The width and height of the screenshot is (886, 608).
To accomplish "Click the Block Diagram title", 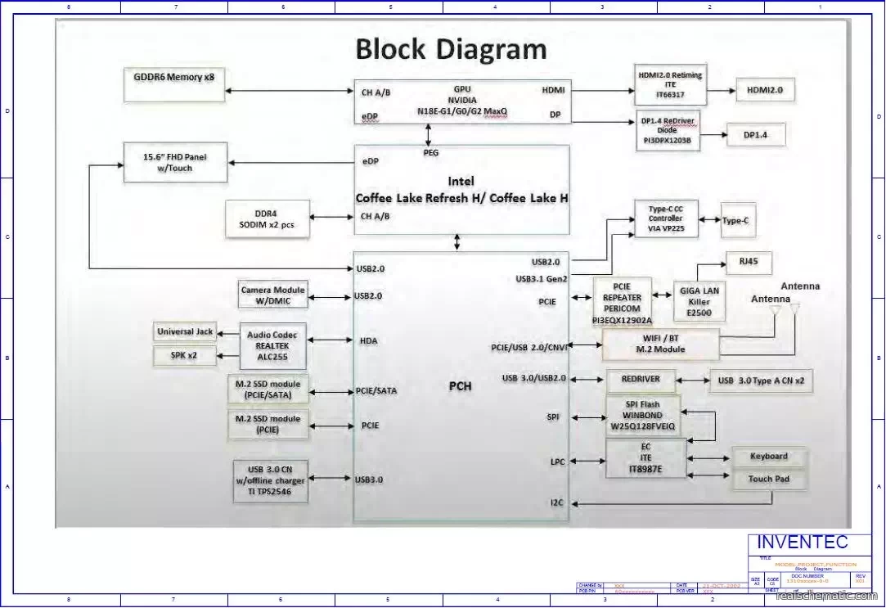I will coord(451,49).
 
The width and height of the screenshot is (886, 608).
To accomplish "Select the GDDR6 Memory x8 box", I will coord(173,85).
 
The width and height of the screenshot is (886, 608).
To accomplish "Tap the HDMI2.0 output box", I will coord(765,90).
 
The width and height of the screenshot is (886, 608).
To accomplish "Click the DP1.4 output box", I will coord(755,134).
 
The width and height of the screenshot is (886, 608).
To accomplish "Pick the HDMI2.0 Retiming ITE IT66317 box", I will coord(669,85).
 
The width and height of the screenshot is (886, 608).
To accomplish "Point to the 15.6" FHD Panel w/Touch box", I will coord(173,162).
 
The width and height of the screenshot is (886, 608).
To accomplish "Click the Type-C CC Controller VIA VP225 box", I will coord(666,220).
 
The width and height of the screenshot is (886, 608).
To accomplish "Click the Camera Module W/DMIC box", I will coord(272,295).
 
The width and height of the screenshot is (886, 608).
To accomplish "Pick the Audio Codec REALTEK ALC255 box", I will coord(272,345).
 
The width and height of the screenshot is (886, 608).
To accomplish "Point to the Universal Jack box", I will coord(185,331).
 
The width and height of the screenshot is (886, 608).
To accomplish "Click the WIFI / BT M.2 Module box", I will coord(661,344).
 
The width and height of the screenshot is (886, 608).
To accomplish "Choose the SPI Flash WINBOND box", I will coord(642,416).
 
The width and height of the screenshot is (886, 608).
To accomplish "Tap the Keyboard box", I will coord(768,457).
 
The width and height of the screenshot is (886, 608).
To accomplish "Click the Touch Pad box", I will coord(768,479).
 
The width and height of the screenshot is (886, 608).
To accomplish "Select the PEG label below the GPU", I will coord(431,152).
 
